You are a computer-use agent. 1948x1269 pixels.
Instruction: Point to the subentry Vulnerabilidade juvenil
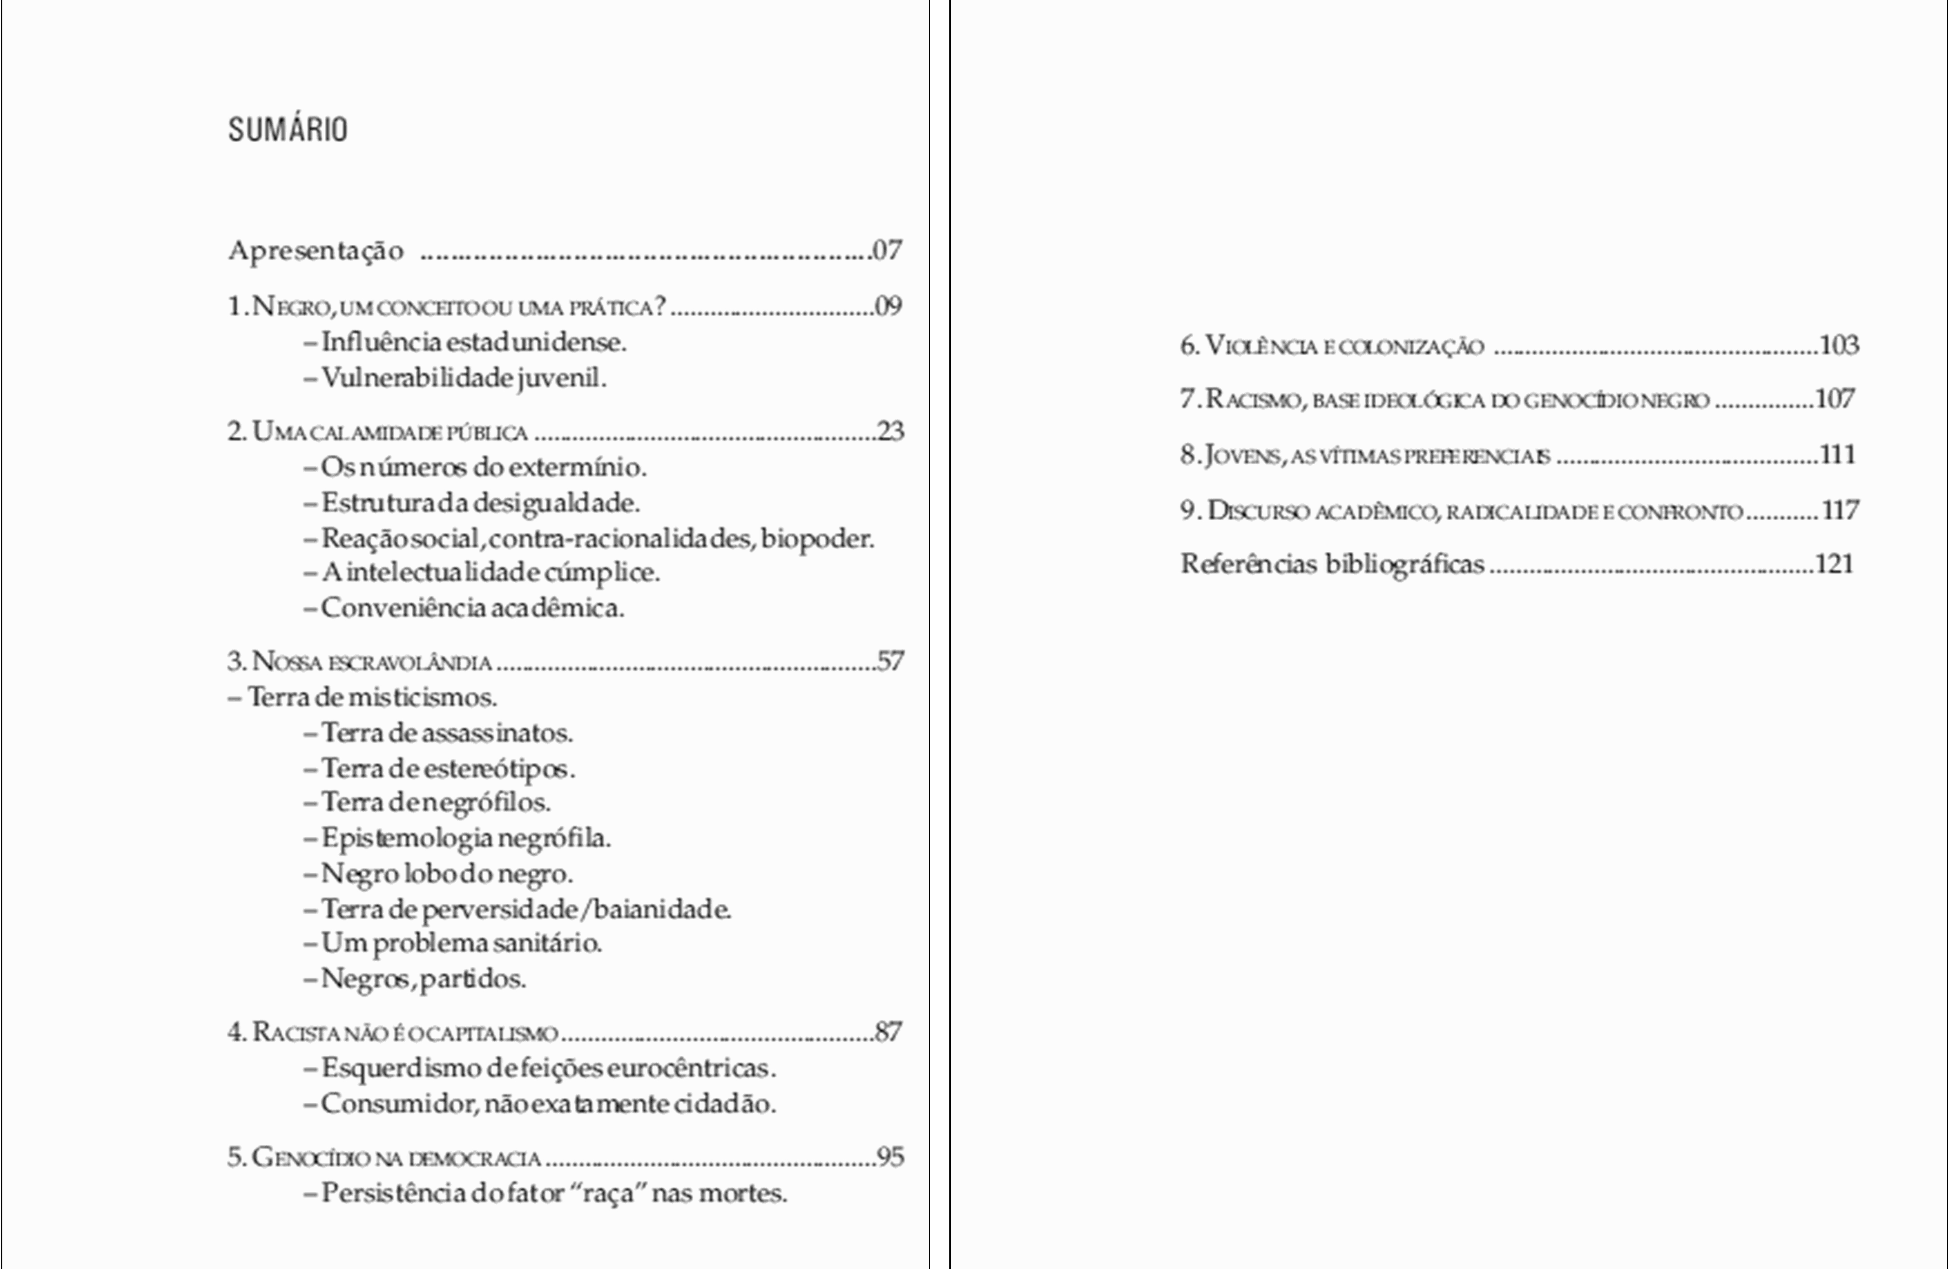point(463,378)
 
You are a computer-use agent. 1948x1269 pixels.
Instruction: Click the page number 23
point(891,431)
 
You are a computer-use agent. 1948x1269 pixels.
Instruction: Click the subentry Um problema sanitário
point(461,943)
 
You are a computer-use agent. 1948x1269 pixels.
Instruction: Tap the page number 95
point(891,1157)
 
